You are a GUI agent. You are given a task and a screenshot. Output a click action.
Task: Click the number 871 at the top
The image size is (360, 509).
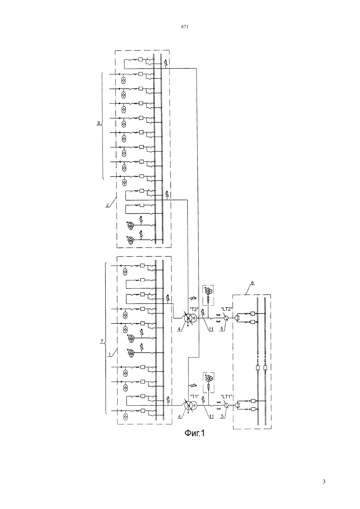[x=185, y=27]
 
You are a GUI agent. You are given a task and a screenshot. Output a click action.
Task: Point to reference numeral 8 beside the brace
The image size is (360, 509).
[x=99, y=123]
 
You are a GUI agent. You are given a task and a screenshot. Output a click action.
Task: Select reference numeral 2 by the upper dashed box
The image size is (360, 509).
[x=107, y=205]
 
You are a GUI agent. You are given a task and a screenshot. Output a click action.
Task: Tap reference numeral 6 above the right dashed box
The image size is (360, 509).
[x=252, y=283]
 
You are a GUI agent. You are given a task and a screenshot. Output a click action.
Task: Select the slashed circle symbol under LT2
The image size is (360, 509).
[x=226, y=318]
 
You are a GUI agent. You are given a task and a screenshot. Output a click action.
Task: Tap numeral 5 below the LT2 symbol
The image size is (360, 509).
[x=222, y=328]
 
